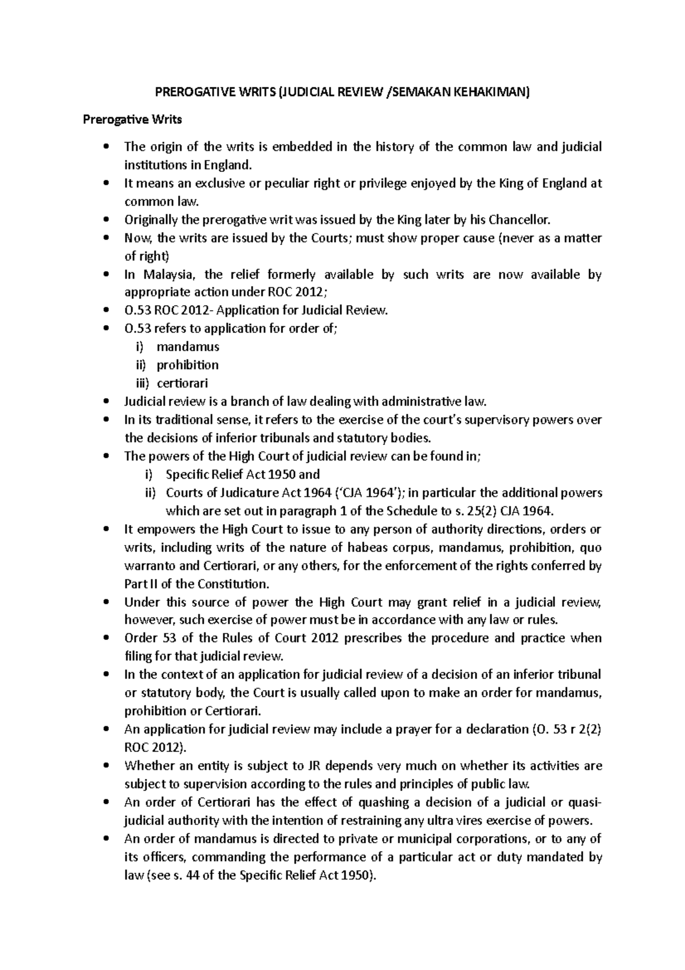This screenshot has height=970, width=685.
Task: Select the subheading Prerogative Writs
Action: (132, 119)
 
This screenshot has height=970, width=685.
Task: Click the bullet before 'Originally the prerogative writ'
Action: (106, 220)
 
